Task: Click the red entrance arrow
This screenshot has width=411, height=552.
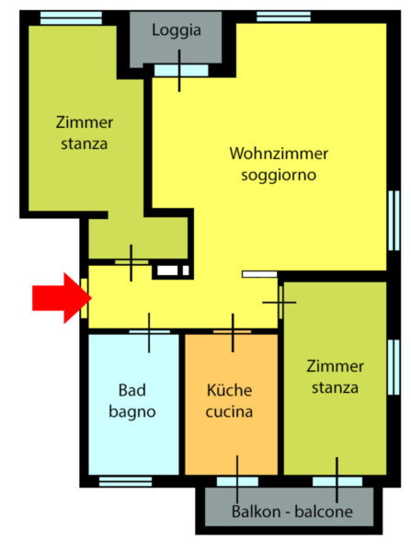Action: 62,298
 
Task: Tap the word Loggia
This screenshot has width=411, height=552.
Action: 177,30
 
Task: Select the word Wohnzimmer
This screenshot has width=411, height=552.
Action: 279,154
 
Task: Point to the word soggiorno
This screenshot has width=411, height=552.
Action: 279,176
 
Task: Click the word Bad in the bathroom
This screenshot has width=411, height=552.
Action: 132,390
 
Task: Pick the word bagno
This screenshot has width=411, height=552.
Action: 132,412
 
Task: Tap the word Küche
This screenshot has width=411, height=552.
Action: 229,390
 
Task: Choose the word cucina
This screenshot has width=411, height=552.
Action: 229,412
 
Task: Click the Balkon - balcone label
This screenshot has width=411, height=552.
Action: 292,512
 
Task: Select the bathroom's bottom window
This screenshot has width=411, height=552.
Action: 125,481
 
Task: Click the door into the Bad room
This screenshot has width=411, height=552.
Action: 150,331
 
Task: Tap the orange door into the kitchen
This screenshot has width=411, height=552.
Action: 233,331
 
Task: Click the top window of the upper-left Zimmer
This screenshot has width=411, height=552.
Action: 71,18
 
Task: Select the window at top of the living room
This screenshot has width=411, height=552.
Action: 283,17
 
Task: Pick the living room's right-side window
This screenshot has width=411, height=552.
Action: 394,221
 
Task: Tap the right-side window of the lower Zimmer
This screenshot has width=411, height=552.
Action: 394,367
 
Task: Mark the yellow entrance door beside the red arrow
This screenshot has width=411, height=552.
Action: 84,298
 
